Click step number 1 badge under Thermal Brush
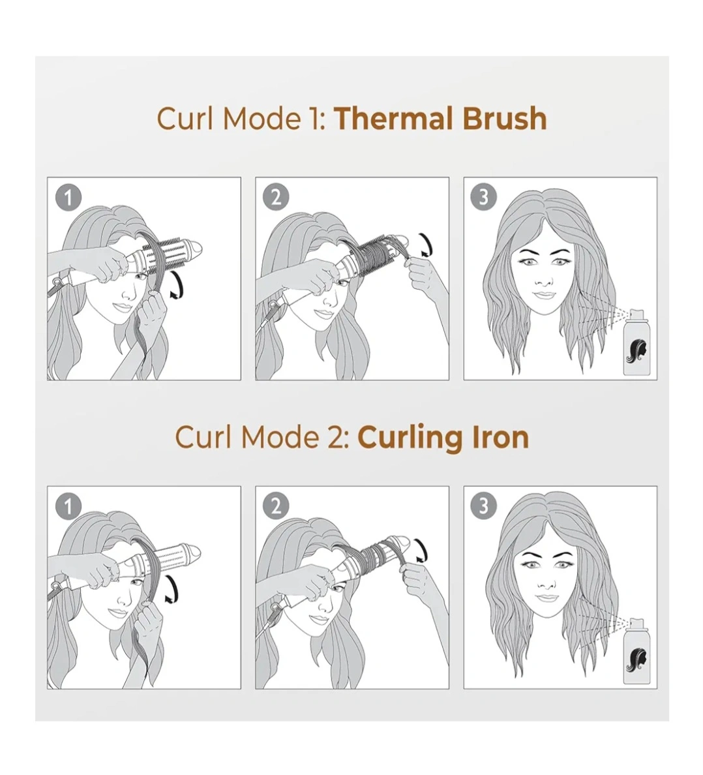(68, 198)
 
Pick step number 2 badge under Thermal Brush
(276, 198)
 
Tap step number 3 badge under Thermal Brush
(484, 197)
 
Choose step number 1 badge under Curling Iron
(68, 507)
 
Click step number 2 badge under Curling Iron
(276, 507)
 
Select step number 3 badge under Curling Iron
(484, 506)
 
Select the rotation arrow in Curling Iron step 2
(423, 550)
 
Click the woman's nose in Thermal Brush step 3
(544, 279)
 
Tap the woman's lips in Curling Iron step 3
(546, 598)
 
